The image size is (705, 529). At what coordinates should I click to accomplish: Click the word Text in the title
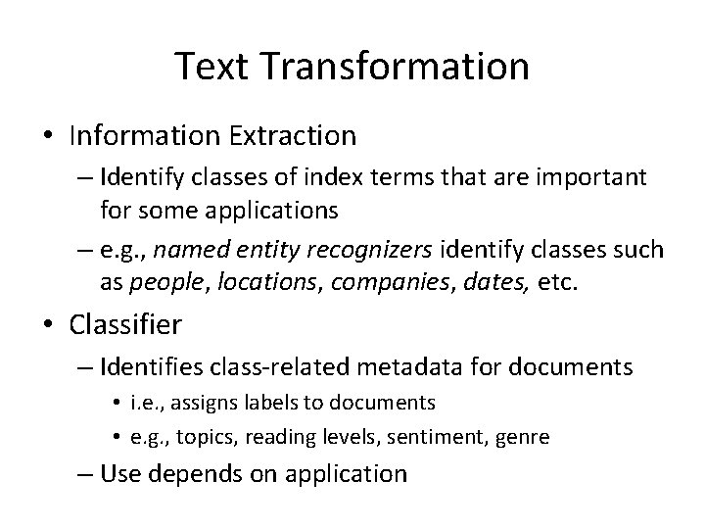[210, 66]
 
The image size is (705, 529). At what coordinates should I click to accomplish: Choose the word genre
[524, 435]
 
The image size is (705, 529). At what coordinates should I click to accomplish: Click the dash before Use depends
[82, 474]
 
